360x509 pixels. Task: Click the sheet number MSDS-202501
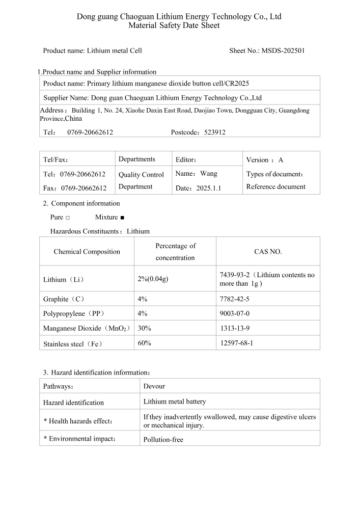pos(283,51)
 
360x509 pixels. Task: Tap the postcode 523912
pos(214,132)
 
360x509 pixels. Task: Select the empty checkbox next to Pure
pos(68,218)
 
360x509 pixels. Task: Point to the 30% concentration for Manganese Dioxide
pos(144,328)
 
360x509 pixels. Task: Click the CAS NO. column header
pos(268,252)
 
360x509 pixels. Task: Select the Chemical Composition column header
pos(87,252)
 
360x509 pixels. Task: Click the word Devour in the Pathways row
pos(154,386)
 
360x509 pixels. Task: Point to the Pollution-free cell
pos(163,439)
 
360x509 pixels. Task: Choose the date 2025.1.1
pos(209,189)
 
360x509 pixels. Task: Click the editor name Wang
pos(209,174)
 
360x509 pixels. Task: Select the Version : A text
pos(265,160)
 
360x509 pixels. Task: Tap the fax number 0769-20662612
pos(84,189)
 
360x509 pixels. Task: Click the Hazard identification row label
pos(73,403)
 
